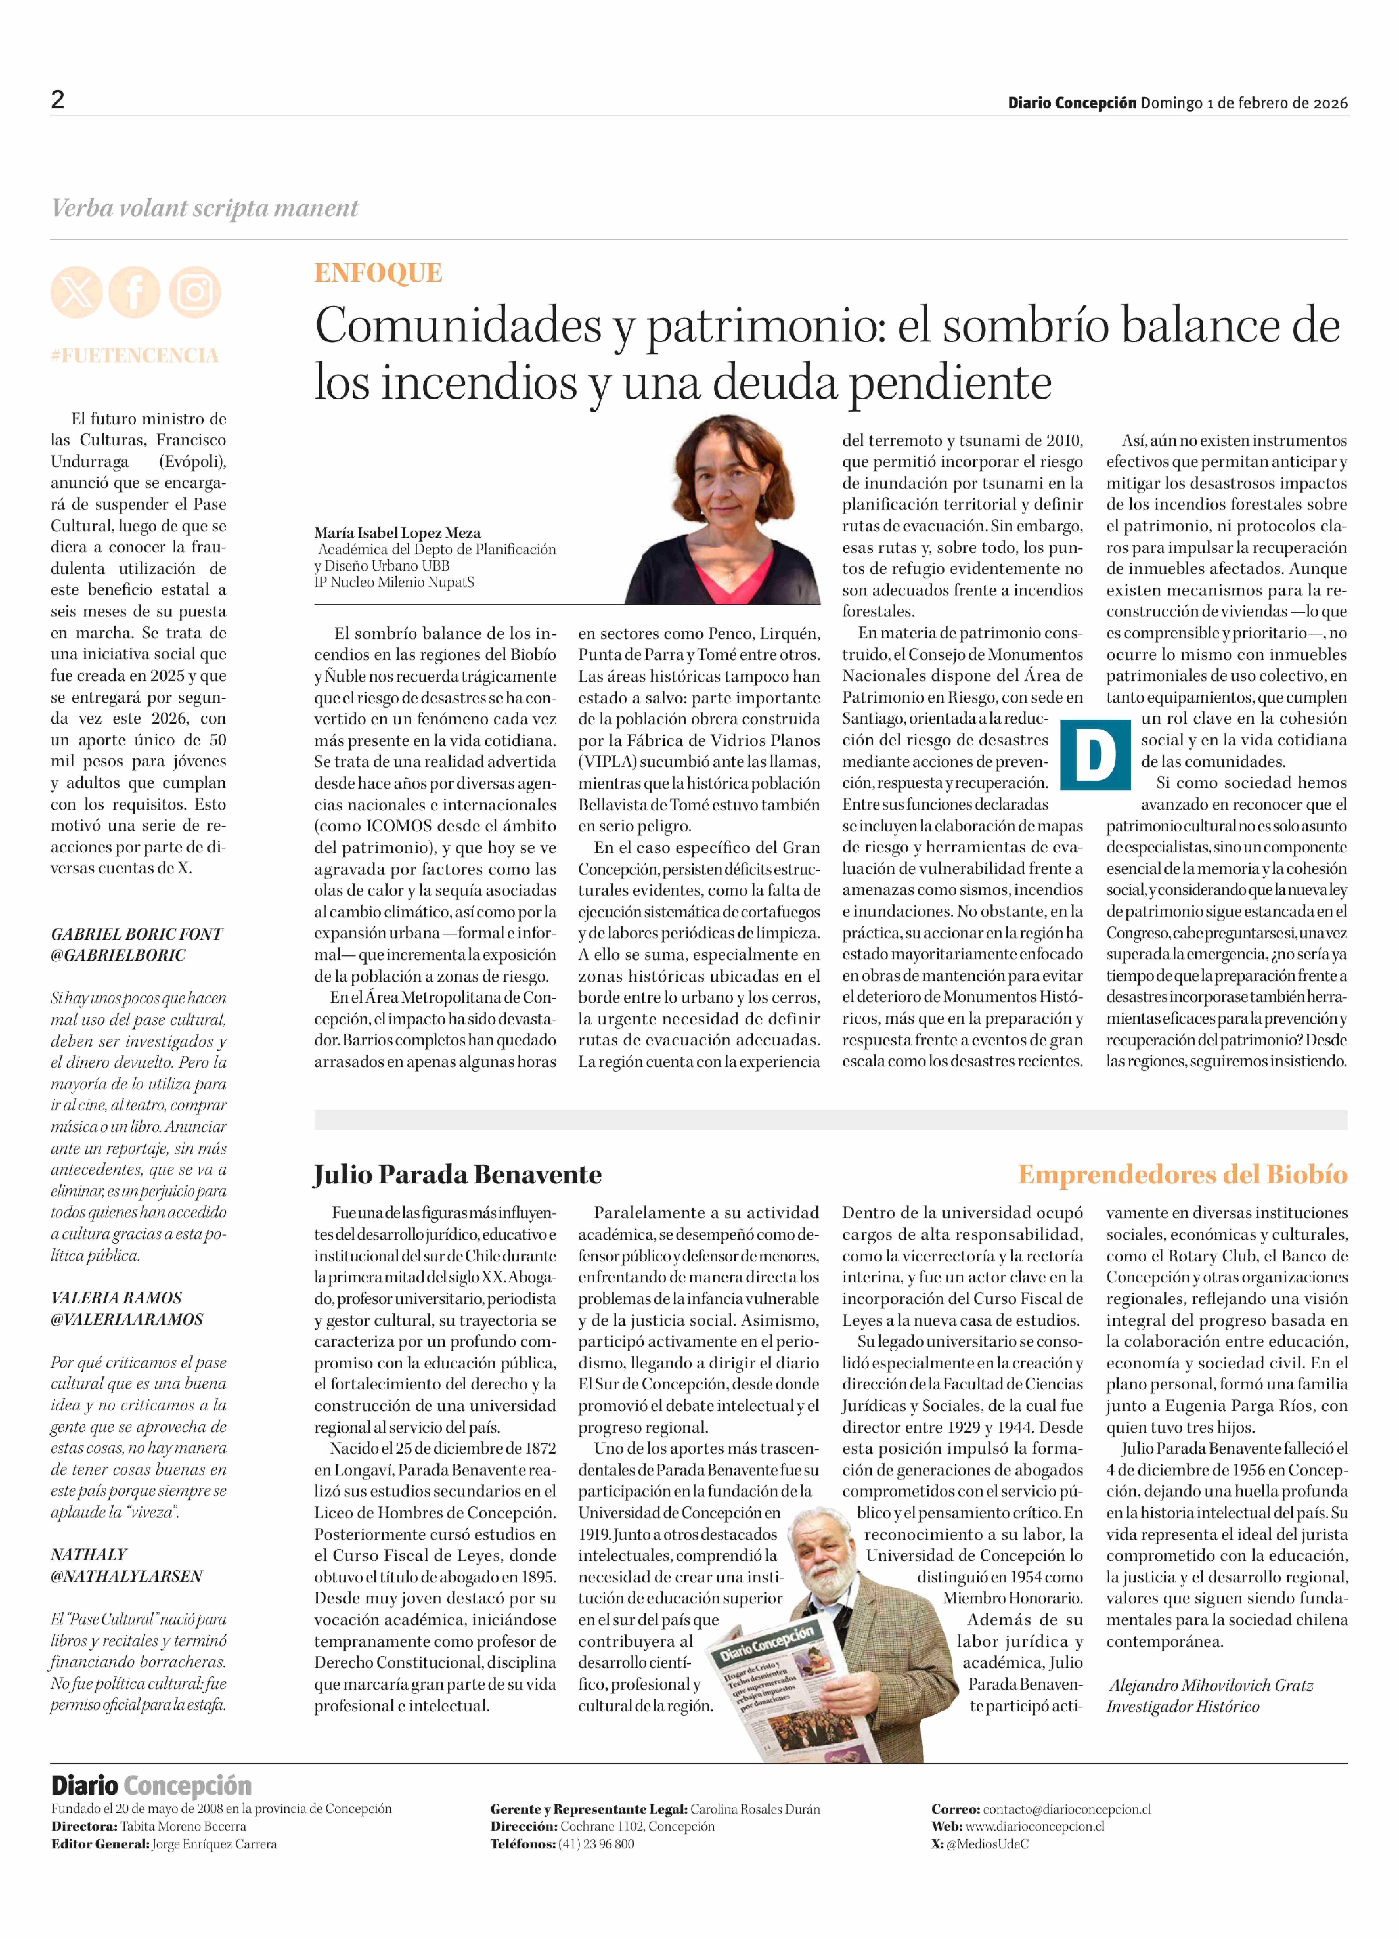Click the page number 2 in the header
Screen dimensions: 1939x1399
57,100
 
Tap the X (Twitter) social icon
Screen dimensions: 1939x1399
76,292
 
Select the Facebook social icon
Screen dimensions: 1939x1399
134,292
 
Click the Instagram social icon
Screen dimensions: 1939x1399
194,292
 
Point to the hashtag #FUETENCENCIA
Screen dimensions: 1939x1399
134,356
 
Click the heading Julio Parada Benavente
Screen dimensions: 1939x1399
458,1175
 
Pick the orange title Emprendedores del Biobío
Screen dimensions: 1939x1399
1182,1175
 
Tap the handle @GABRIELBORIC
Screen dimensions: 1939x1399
118,956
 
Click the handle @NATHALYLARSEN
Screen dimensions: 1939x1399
127,1576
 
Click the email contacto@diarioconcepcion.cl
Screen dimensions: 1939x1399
1066,1809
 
